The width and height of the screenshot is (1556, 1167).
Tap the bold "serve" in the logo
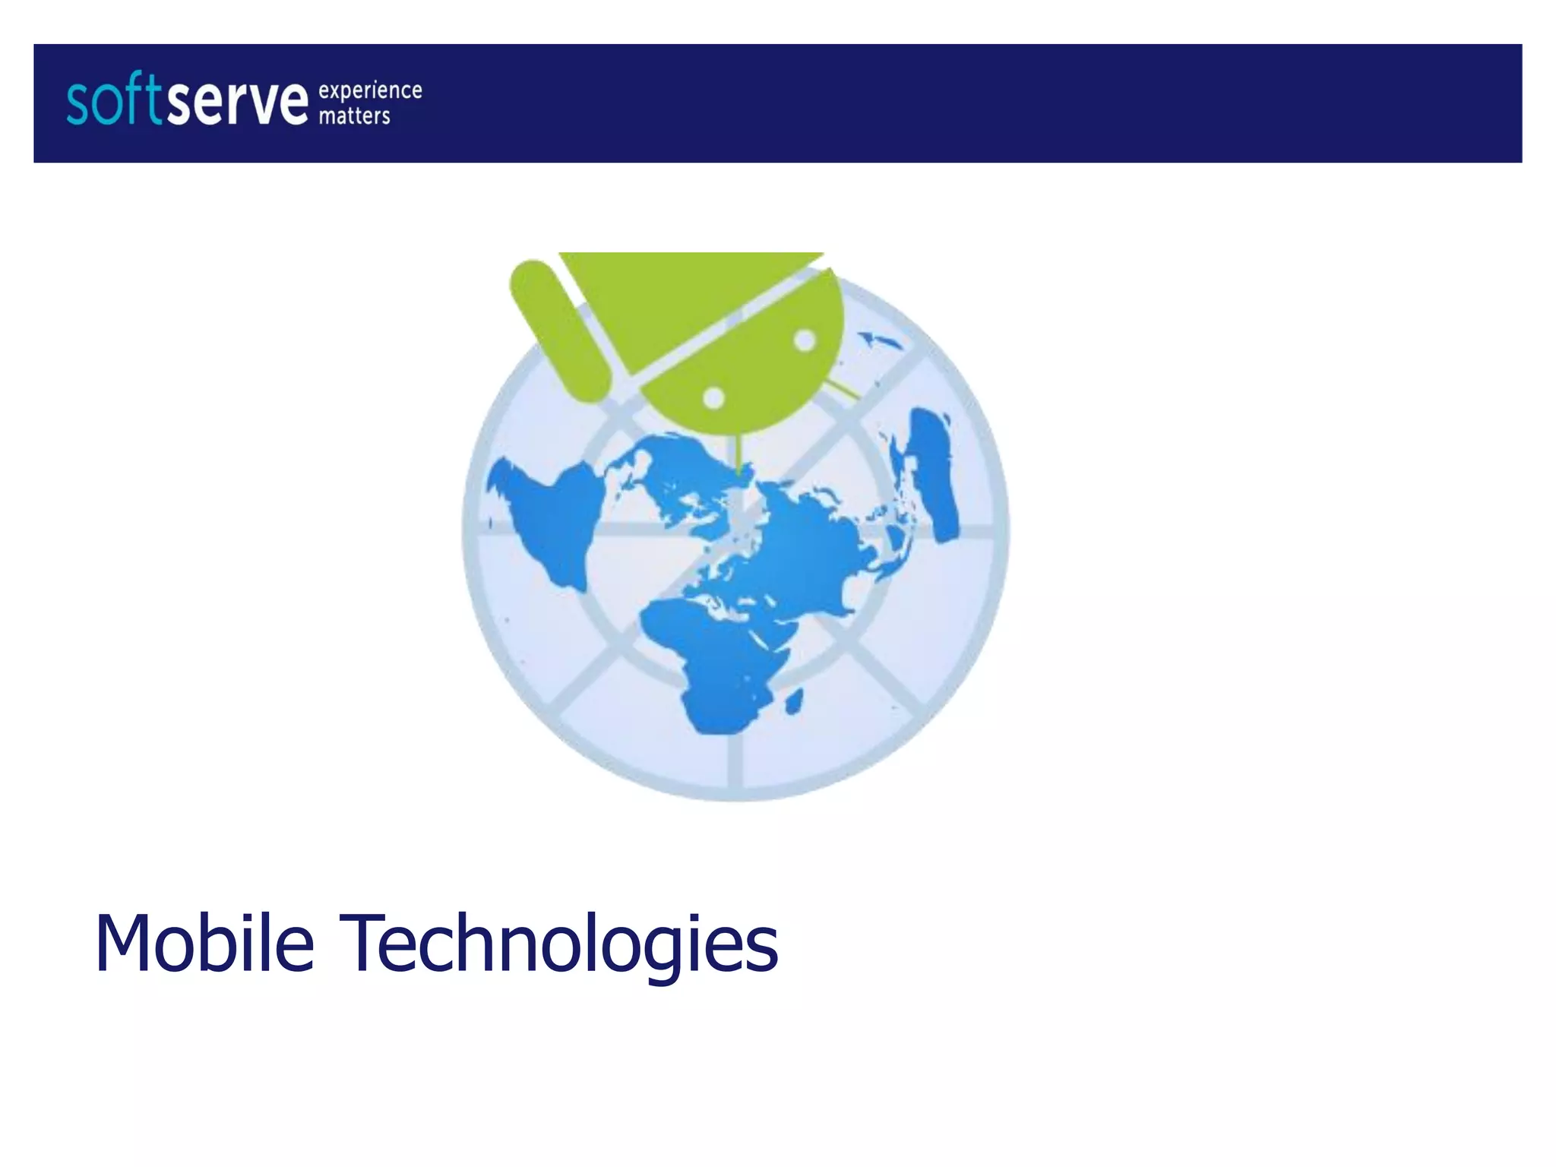[237, 103]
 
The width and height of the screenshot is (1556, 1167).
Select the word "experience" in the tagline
[370, 91]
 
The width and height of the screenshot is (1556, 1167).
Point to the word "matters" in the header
[354, 116]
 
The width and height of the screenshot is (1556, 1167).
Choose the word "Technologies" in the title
[562, 944]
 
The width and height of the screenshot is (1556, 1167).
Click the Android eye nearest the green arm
[714, 397]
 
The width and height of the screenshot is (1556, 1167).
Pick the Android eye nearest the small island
[805, 341]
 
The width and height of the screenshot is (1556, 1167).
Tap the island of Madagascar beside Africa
[793, 701]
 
